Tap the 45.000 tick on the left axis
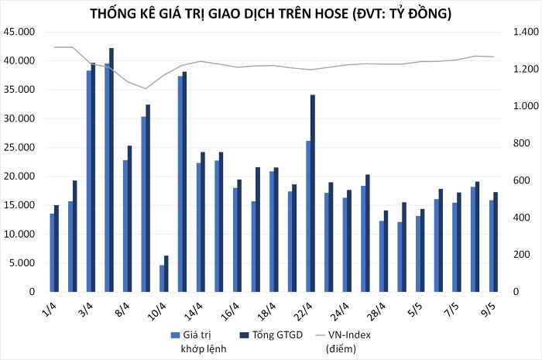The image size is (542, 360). coord(19,32)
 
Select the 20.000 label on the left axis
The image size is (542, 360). coord(19,177)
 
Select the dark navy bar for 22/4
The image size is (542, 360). coord(313,193)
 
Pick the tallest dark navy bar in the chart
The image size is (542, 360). coord(111,170)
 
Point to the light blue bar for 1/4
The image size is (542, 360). coord(52,252)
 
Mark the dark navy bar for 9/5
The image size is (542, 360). coord(496,242)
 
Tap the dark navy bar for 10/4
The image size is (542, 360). coord(166,273)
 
